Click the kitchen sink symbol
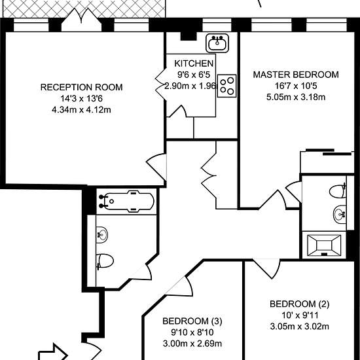217,43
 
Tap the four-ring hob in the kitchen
227,86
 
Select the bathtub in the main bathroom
126,202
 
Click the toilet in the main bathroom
105,261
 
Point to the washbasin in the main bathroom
101,235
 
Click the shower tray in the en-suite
324,245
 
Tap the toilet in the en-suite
338,190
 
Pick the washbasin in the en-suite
340,214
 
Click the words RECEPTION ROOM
82,87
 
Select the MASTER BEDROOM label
296,75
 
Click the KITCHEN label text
194,63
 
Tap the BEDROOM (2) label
299,304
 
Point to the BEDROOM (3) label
192,321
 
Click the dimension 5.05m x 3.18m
296,97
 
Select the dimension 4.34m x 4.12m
82,110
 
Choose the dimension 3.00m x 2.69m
192,344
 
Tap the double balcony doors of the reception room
82,20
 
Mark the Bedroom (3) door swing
184,287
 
